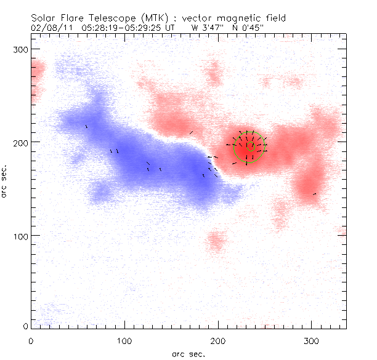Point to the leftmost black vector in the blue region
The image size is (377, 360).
(x=86, y=127)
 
